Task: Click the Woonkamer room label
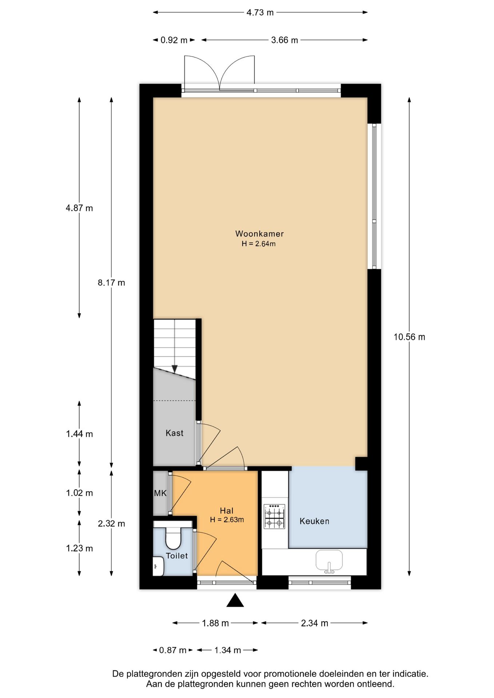pos(259,234)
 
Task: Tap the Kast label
pos(174,433)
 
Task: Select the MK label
pos(160,493)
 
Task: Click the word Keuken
pos(314,521)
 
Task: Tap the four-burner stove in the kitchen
pos(274,516)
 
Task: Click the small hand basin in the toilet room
pos(159,566)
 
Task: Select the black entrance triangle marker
pos(235,600)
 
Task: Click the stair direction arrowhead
pos(175,369)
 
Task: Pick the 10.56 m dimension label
pos(409,337)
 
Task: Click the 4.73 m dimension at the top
pos(260,12)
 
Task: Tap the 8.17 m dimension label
pos(111,282)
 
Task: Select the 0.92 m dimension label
pos(174,40)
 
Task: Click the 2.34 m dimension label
pos(315,623)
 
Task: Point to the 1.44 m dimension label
pos(79,434)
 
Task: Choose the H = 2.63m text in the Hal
pos(227,520)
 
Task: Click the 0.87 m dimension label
pos(173,650)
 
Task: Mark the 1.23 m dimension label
pos(79,548)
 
